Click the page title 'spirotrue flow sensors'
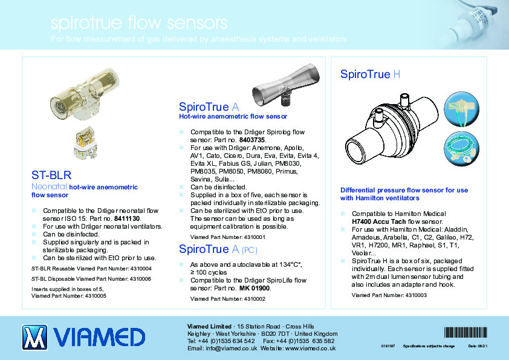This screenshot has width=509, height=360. pos(139,24)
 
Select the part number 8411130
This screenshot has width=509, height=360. pos(127,218)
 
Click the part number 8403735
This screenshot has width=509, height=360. pos(252,139)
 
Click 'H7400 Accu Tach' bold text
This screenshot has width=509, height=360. pos(383,221)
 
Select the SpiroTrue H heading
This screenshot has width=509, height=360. pos(370,74)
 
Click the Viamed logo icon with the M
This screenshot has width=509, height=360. pos(34,337)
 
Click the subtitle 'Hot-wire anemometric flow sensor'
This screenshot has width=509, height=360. pos(233,116)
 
